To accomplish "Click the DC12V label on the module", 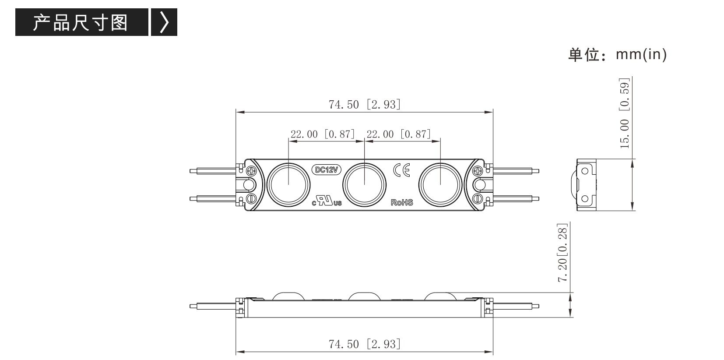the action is point(326,170).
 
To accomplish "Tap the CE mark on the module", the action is point(402,170).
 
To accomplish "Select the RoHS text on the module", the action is point(402,202).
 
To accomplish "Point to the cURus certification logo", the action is point(327,201).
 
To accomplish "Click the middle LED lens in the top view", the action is point(364,185).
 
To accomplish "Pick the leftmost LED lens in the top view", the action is point(288,185).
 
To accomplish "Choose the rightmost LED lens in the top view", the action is point(440,185).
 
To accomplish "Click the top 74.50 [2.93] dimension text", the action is point(365,105).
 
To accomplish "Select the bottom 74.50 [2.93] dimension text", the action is point(365,344).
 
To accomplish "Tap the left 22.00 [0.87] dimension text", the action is point(323,134).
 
